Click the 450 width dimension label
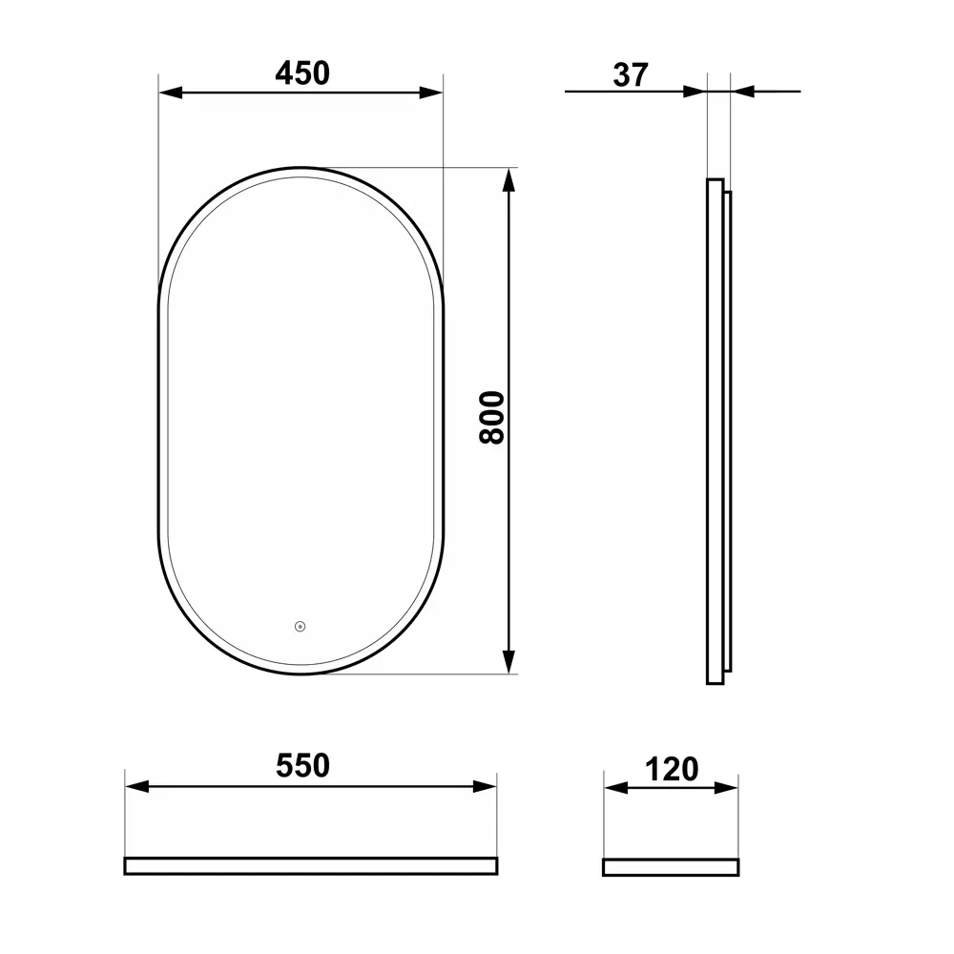coord(301,73)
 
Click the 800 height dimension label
coord(491,417)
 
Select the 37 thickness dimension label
coord(631,75)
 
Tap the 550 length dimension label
coord(302,766)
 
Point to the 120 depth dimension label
coord(672,769)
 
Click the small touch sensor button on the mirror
coord(300,627)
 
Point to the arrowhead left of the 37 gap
coord(695,92)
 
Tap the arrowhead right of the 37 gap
coord(742,92)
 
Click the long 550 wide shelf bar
coord(310,865)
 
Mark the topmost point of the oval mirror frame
coord(301,169)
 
